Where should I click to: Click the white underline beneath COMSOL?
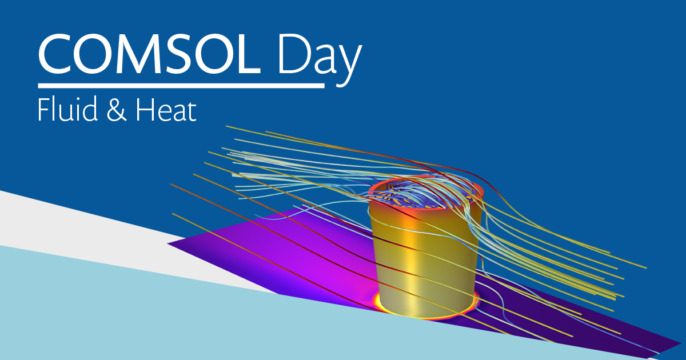click(180, 86)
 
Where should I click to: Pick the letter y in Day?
click(350, 63)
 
